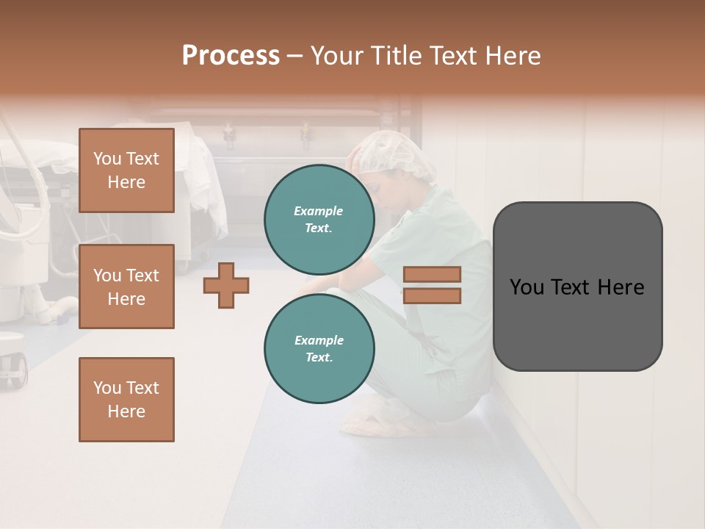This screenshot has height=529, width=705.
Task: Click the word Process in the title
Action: click(x=231, y=56)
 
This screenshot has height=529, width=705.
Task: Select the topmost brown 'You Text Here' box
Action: click(x=126, y=170)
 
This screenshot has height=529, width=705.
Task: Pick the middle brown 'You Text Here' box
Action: click(x=126, y=287)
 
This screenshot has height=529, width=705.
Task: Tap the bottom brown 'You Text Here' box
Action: click(x=126, y=399)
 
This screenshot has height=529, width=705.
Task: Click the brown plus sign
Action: click(x=226, y=285)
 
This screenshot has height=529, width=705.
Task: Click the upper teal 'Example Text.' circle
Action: click(x=319, y=219)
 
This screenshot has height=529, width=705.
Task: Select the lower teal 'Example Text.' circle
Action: click(x=319, y=348)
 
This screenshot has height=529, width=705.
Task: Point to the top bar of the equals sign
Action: click(x=432, y=274)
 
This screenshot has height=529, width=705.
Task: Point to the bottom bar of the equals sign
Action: click(x=432, y=295)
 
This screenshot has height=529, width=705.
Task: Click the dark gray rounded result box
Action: click(x=577, y=287)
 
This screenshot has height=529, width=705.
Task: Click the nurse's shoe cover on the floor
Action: click(x=375, y=421)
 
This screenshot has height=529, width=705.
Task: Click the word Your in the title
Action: click(x=338, y=56)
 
